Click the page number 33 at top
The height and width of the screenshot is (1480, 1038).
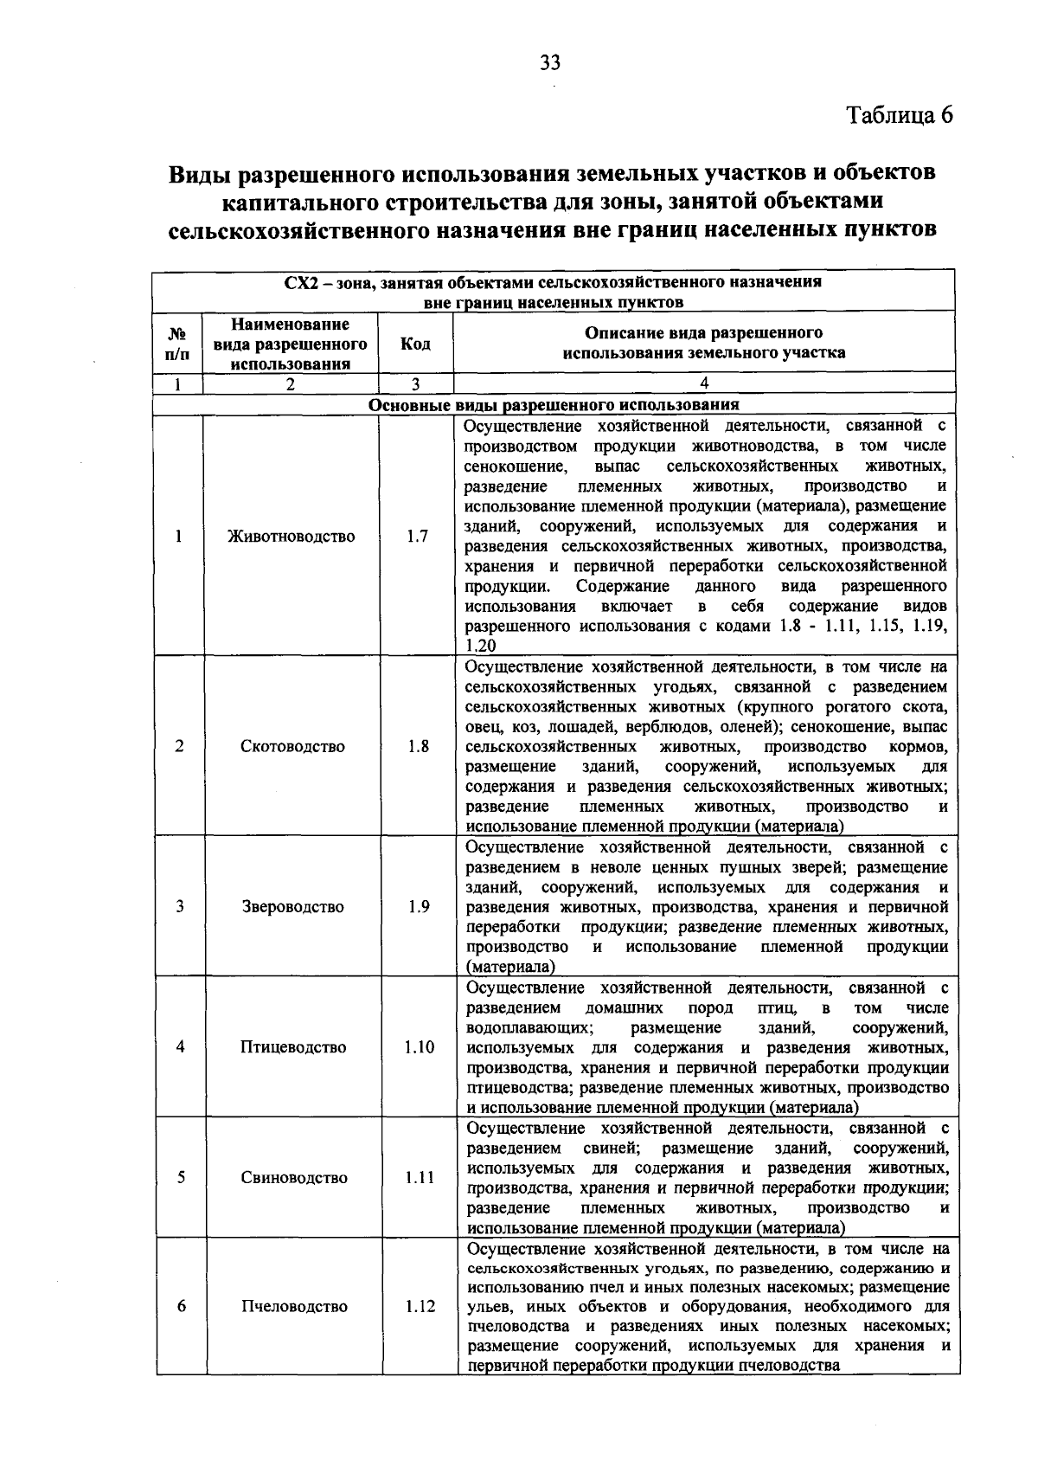click(x=550, y=62)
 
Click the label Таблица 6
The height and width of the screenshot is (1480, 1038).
click(x=899, y=116)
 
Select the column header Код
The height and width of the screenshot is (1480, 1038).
click(x=415, y=344)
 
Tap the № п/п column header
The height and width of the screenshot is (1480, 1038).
click(x=178, y=344)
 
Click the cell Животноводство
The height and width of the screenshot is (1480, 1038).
click(x=292, y=537)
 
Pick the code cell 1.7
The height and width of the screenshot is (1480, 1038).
click(x=417, y=537)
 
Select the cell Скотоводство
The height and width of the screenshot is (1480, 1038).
click(x=292, y=747)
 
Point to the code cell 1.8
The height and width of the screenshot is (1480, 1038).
click(x=418, y=747)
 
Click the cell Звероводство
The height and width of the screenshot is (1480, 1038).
click(x=292, y=907)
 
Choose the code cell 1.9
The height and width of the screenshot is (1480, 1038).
click(x=419, y=907)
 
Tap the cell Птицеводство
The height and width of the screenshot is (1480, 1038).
click(x=293, y=1047)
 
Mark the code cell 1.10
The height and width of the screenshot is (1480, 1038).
click(x=419, y=1047)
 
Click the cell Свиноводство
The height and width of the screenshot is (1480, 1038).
click(x=294, y=1178)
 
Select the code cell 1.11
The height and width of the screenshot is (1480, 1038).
click(x=420, y=1178)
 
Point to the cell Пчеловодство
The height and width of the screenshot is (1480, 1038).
click(x=294, y=1307)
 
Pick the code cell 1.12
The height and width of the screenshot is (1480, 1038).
click(x=420, y=1307)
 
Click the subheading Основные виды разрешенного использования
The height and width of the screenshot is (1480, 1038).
click(x=554, y=405)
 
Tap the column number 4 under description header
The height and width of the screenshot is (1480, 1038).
click(x=704, y=383)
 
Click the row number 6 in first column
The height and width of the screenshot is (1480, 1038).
click(x=182, y=1307)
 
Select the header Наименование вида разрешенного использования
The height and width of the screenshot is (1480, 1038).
click(x=291, y=344)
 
